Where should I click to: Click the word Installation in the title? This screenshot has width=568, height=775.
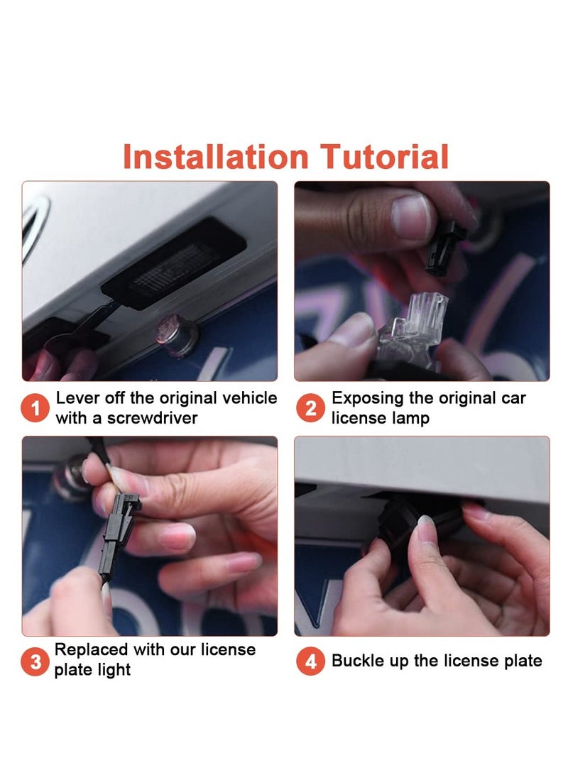(x=216, y=157)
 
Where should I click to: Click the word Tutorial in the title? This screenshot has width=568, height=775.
(x=384, y=157)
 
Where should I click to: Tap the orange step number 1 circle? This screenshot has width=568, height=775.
(x=35, y=408)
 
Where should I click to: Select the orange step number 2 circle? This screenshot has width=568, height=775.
(x=310, y=408)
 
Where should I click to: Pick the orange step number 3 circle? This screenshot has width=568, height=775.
(x=35, y=661)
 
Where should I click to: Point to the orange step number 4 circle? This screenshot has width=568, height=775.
(x=310, y=661)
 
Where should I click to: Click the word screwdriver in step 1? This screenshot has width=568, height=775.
(x=152, y=418)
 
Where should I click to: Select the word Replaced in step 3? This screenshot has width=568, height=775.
(x=91, y=649)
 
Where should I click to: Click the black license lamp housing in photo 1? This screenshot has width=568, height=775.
(x=174, y=265)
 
